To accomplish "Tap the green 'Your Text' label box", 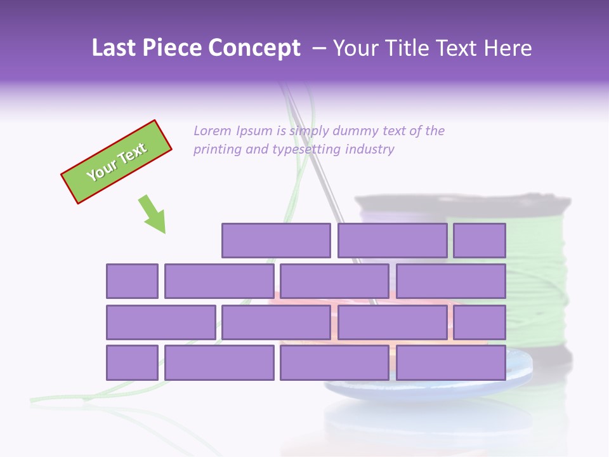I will [x=117, y=162].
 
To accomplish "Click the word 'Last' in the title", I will [x=114, y=48].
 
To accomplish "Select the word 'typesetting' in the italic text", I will [x=306, y=150].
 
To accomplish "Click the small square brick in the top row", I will [x=480, y=241].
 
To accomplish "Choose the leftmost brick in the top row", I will [x=276, y=241].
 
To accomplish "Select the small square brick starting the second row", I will [x=132, y=281].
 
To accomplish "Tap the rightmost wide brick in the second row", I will [x=451, y=281].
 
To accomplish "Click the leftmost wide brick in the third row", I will [x=161, y=322].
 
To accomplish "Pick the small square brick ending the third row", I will [x=480, y=322].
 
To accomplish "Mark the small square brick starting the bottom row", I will [x=132, y=363].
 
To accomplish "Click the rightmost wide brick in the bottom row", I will [x=451, y=363].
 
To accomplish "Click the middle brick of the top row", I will [x=392, y=241].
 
